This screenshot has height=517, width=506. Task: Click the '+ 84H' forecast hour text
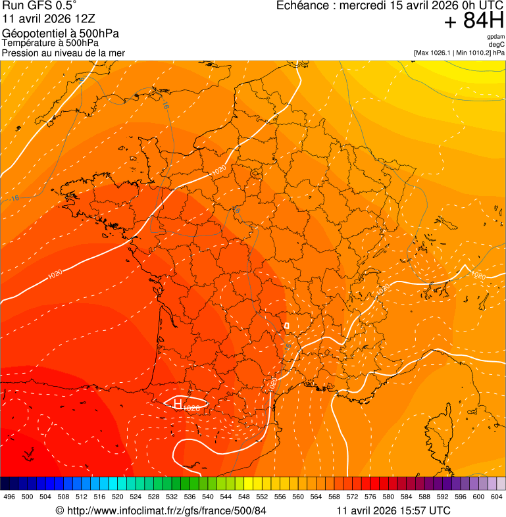coord(474,21)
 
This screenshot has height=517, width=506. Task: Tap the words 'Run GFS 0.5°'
coord(39,6)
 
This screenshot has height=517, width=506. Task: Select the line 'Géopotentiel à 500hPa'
coord(61,34)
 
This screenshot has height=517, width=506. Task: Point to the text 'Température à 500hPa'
coord(55,43)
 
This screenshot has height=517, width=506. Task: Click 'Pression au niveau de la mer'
coord(64,53)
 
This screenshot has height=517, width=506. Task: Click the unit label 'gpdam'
coord(495,37)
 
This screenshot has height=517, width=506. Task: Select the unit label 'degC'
coord(497,45)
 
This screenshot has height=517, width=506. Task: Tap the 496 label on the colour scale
coord(9,497)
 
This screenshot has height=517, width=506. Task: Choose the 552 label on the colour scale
coord(263,497)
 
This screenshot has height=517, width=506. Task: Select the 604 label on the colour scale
coord(497,497)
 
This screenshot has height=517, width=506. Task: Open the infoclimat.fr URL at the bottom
coord(161,510)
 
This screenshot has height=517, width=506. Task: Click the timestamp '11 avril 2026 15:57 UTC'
coord(393,510)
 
